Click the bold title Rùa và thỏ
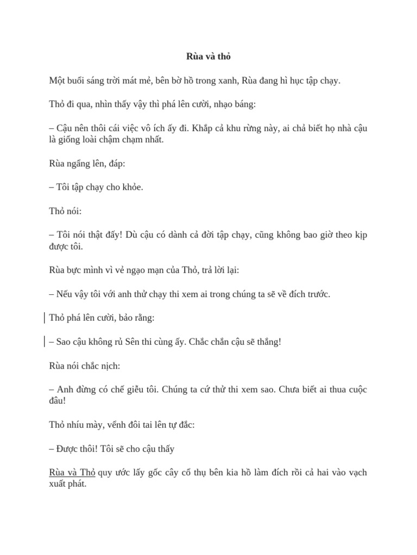(x=208, y=56)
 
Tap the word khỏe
(x=131, y=187)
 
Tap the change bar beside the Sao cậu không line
(x=44, y=341)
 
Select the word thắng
(x=268, y=342)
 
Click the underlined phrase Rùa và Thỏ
(x=72, y=472)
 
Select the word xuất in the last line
(x=58, y=483)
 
